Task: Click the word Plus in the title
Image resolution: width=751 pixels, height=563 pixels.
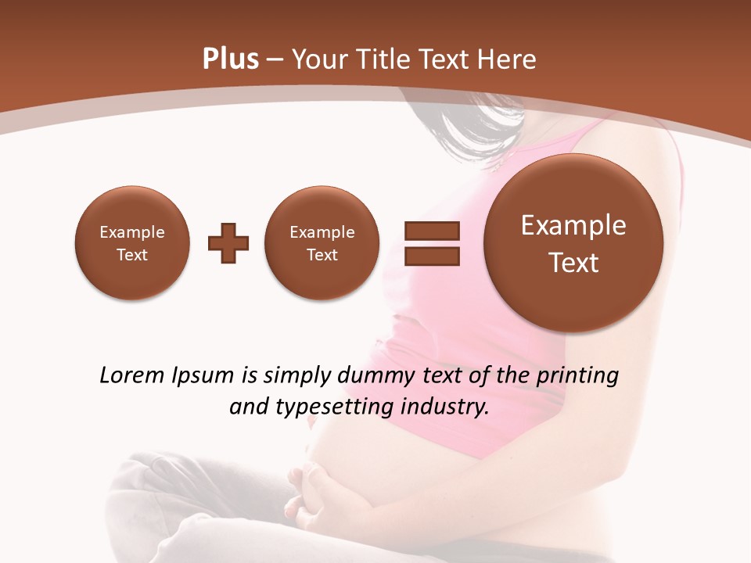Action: [x=230, y=59]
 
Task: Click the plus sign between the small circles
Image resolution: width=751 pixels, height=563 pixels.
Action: [x=228, y=243]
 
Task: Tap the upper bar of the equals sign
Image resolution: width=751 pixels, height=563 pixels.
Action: [x=432, y=231]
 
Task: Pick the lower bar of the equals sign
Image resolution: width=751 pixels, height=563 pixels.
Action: [x=432, y=256]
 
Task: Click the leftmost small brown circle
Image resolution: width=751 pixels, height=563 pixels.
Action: [x=132, y=243]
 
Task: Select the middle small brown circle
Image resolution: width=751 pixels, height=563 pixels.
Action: [x=322, y=243]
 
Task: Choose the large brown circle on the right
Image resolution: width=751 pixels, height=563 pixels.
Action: [x=573, y=243]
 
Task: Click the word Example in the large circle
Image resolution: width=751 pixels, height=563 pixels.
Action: [x=573, y=225]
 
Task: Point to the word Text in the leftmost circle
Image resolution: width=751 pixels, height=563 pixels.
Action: [x=132, y=255]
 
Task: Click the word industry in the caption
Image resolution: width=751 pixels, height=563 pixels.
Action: [x=445, y=407]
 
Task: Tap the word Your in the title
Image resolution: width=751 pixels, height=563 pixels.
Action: [x=318, y=59]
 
